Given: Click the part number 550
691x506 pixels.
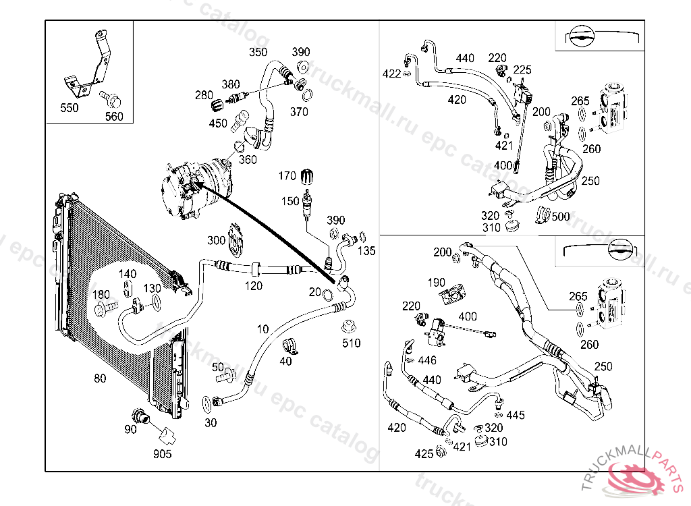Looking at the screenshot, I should pyautogui.click(x=69, y=108).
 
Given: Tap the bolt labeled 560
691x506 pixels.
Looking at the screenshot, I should pyautogui.click(x=111, y=99).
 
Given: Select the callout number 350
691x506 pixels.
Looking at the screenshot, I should pyautogui.click(x=258, y=52).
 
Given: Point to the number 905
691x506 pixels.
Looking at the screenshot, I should pyautogui.click(x=162, y=454).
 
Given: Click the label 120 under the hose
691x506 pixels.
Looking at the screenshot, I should pyautogui.click(x=253, y=286).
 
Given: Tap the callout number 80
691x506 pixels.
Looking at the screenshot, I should pyautogui.click(x=100, y=378).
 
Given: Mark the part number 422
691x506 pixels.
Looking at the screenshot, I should pyautogui.click(x=391, y=74).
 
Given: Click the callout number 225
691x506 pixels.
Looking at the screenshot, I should pyautogui.click(x=522, y=69).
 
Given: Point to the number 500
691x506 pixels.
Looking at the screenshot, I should pyautogui.click(x=560, y=217).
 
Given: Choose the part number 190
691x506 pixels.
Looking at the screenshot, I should pyautogui.click(x=437, y=283).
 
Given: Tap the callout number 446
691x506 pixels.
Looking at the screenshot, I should pyautogui.click(x=427, y=361).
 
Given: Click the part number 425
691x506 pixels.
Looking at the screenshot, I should pyautogui.click(x=424, y=454).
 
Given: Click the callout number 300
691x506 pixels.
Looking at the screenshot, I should pyautogui.click(x=216, y=240).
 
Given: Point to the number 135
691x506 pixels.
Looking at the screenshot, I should pyautogui.click(x=366, y=251).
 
